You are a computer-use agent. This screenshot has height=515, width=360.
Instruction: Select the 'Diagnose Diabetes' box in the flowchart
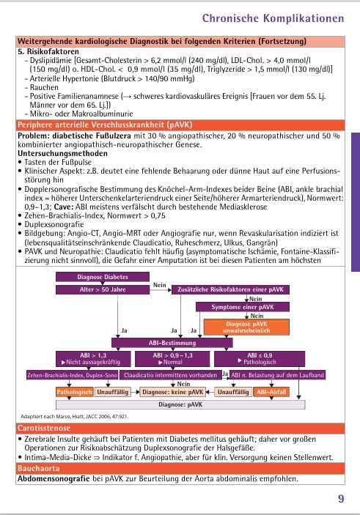click(103, 278)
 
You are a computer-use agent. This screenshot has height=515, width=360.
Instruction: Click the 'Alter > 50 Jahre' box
click(103, 290)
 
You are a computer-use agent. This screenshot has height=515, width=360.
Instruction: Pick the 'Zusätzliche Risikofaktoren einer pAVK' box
click(230, 290)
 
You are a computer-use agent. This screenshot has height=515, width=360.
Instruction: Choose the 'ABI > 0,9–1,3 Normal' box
click(173, 359)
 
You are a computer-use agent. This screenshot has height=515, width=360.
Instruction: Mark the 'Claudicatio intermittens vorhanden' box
click(170, 376)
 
